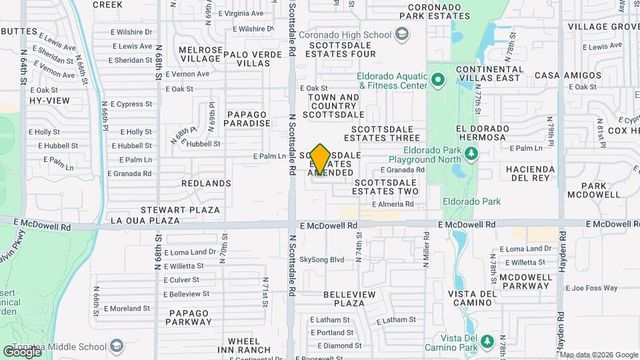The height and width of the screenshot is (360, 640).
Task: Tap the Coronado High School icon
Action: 402,33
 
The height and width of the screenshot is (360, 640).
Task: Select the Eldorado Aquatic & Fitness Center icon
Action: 437,81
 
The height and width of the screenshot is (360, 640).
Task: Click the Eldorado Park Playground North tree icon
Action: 471,155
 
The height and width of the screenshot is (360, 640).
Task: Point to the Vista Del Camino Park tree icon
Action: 487,342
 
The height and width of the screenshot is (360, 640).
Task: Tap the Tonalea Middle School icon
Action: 117,346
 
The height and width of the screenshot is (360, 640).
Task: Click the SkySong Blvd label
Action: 321,259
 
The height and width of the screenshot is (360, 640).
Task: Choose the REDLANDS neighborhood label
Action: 206,183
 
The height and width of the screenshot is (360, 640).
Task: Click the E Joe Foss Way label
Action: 592,288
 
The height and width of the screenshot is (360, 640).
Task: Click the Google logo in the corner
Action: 22,351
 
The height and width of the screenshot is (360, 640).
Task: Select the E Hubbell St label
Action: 58,145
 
